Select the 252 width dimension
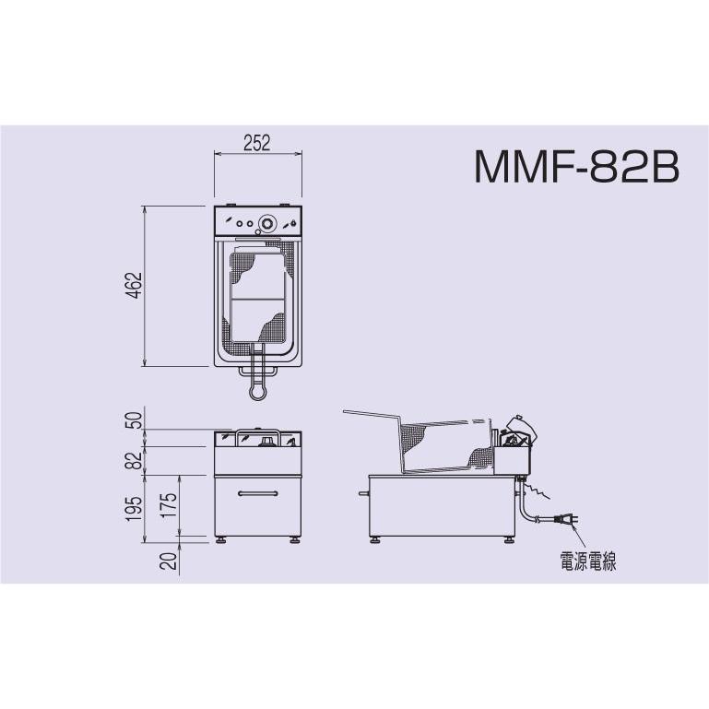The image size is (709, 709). tap(256, 142)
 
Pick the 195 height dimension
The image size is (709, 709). tap(136, 504)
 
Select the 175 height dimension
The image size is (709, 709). tap(168, 504)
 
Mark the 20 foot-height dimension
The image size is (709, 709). tap(168, 560)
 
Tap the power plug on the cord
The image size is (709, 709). tap(568, 522)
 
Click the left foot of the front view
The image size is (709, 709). tap(221, 538)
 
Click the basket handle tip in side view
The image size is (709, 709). tap(346, 411)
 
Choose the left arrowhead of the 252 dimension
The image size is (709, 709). tap(218, 155)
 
